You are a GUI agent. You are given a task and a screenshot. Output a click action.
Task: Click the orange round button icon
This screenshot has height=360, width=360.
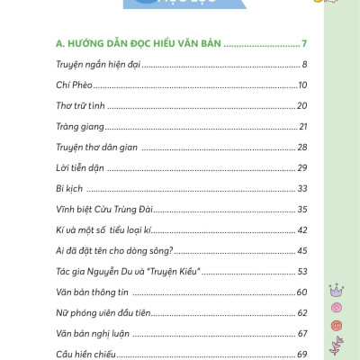coord(337,324)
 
